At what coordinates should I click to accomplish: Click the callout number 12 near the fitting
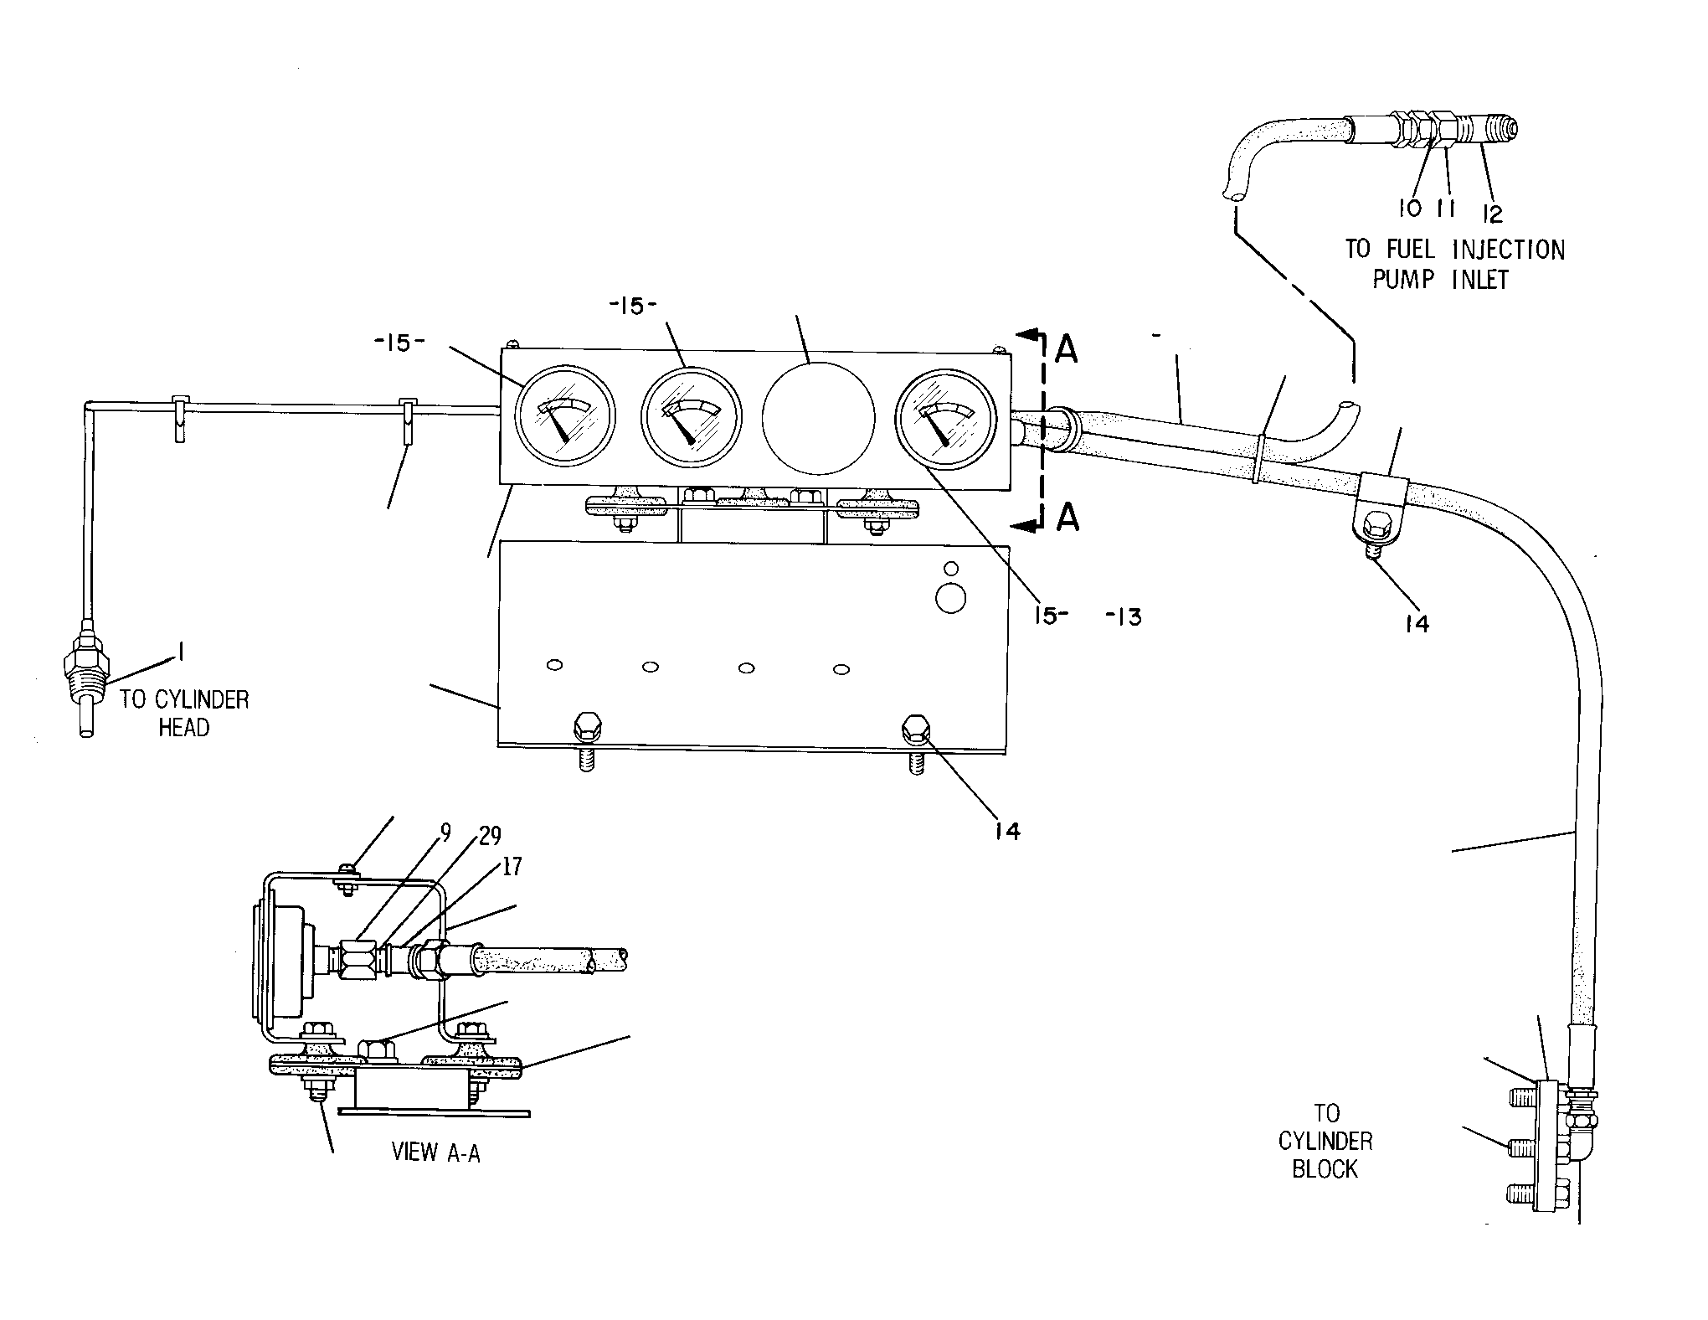tap(1493, 214)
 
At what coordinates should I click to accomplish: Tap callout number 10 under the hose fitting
tap(1409, 208)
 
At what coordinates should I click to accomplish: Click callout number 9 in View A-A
tap(446, 832)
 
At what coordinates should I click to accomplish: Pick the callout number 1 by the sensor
tap(177, 651)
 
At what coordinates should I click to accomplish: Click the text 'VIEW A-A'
tap(436, 1152)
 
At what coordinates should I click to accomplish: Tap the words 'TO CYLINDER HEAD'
tap(184, 713)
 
